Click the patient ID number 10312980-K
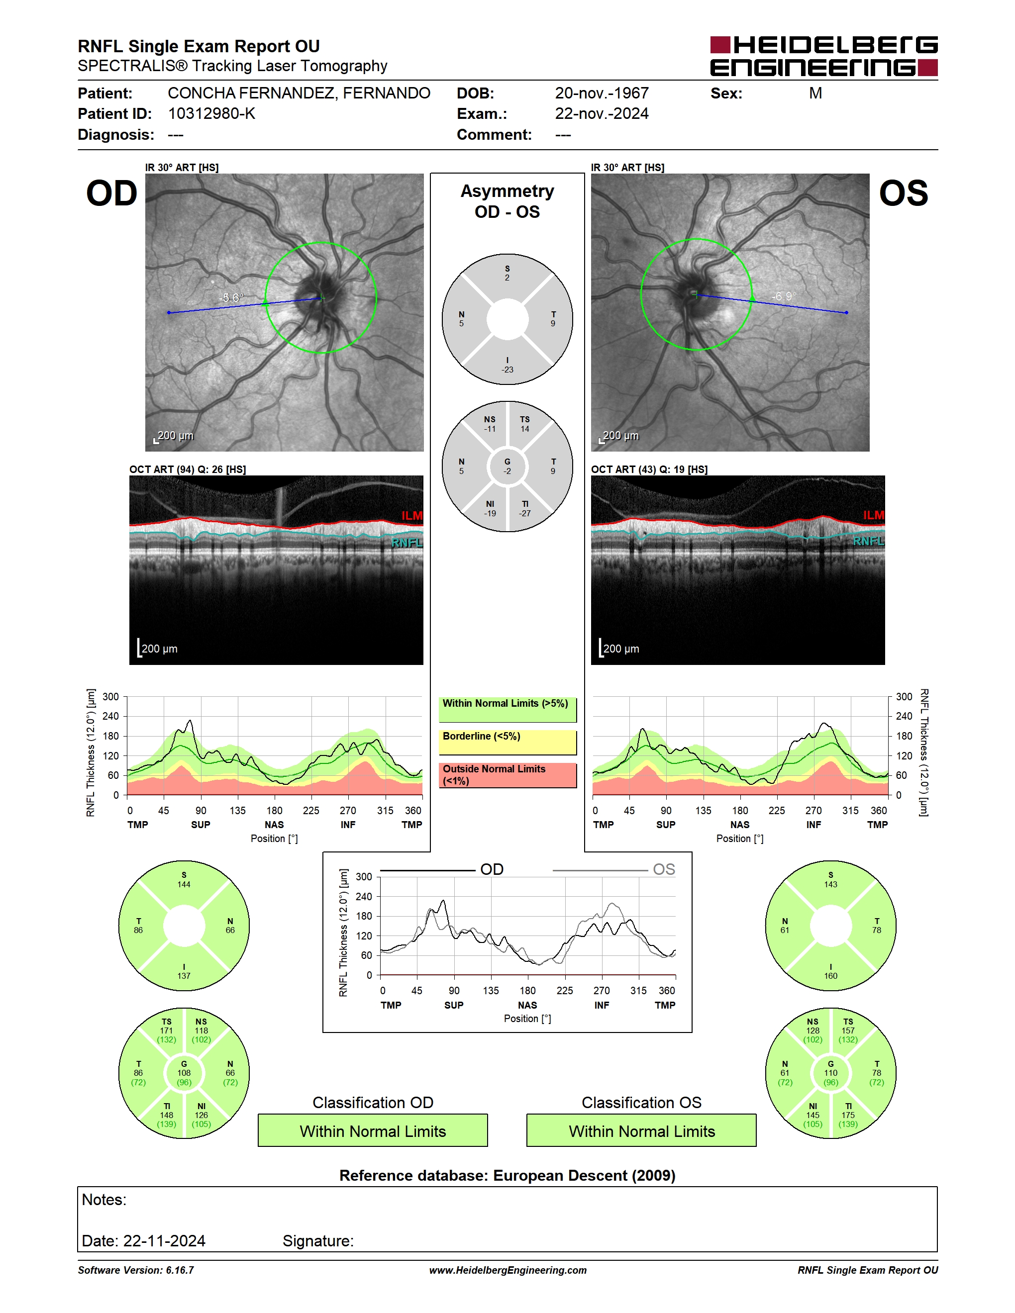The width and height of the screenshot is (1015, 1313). pyautogui.click(x=211, y=113)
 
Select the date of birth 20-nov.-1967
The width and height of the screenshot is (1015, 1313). pyautogui.click(x=602, y=93)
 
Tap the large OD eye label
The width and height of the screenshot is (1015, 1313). pyautogui.click(x=112, y=193)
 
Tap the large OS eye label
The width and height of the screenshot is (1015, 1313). pyautogui.click(x=903, y=193)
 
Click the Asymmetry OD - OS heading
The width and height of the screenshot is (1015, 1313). pyautogui.click(x=507, y=201)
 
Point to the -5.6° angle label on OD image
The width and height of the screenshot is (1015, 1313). pyautogui.click(x=231, y=297)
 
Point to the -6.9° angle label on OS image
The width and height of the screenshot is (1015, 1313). pyautogui.click(x=784, y=296)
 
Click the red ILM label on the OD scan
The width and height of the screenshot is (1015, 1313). pyautogui.click(x=412, y=516)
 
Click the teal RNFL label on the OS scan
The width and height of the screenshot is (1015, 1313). pyautogui.click(x=868, y=541)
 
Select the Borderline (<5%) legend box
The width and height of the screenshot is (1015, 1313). pyautogui.click(x=507, y=742)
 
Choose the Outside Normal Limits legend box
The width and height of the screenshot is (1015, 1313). pyautogui.click(x=507, y=775)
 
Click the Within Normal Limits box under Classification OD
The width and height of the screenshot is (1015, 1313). pyautogui.click(x=373, y=1130)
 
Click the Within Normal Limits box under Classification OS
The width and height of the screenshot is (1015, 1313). pyautogui.click(x=642, y=1130)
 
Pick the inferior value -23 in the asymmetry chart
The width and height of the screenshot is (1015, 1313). pyautogui.click(x=507, y=370)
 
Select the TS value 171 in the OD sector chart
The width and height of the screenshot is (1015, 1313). pyautogui.click(x=167, y=1031)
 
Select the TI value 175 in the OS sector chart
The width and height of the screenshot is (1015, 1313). pyautogui.click(x=848, y=1115)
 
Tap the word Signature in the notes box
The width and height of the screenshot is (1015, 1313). pyautogui.click(x=318, y=1241)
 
